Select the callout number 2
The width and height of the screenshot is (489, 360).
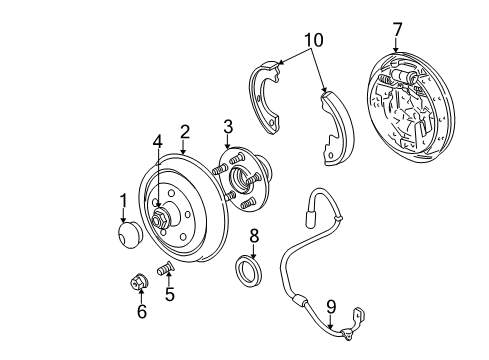coord(184,131)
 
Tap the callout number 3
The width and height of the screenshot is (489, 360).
coord(228,127)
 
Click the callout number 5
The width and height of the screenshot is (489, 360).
coord(170,295)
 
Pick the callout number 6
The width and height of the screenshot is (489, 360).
coord(141,312)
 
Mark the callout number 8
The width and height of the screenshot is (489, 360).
coord(254,235)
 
